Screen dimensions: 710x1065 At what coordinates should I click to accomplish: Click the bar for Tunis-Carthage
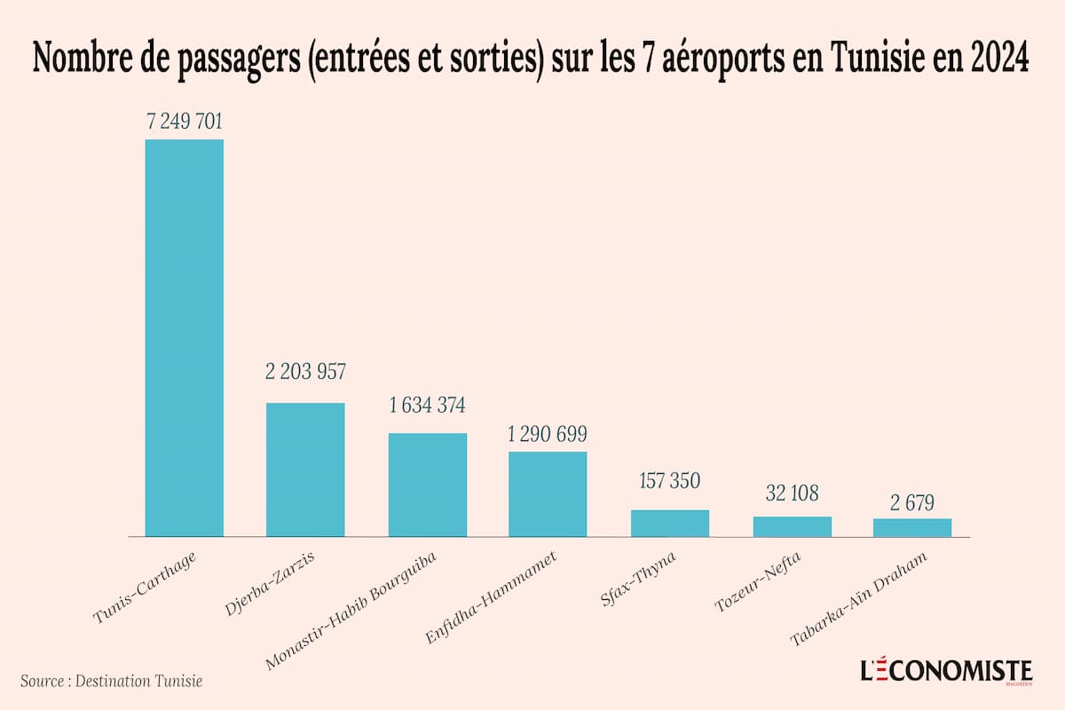tap(184, 337)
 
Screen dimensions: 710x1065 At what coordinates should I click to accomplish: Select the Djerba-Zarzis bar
tap(305, 469)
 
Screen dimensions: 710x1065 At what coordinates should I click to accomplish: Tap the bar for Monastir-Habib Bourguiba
tap(428, 485)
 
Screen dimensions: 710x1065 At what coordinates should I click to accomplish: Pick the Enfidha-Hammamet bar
tap(548, 493)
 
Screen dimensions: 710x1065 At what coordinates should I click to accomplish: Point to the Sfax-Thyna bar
tap(670, 523)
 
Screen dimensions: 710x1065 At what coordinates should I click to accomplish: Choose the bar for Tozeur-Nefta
tap(793, 526)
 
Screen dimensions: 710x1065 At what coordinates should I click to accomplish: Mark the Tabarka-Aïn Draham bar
tap(912, 527)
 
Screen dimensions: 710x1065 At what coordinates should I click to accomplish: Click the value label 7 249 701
tap(184, 122)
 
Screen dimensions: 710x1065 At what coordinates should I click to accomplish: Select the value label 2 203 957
tap(305, 372)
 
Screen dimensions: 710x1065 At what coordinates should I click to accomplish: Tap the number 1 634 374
tap(428, 406)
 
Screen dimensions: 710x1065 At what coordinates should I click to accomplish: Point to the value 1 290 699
tap(548, 435)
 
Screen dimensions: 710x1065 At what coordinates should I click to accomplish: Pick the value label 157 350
tap(670, 481)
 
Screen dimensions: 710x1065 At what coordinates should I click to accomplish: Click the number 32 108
tap(793, 493)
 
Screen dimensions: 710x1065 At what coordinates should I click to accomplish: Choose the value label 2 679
tap(912, 501)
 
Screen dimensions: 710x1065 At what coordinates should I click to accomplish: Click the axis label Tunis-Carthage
tap(145, 586)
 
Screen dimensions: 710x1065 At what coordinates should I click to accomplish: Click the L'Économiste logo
tap(947, 671)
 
